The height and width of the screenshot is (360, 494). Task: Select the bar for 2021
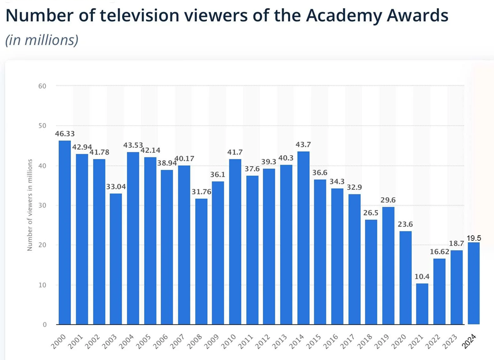[422, 304]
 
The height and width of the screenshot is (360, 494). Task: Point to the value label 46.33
[65, 134]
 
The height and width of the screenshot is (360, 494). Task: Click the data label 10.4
[422, 277]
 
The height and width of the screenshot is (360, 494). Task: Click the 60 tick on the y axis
[43, 86]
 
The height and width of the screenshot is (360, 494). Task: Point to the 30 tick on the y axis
[43, 205]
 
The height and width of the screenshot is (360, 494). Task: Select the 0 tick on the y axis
[44, 325]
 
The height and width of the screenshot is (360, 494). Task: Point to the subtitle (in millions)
[41, 40]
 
